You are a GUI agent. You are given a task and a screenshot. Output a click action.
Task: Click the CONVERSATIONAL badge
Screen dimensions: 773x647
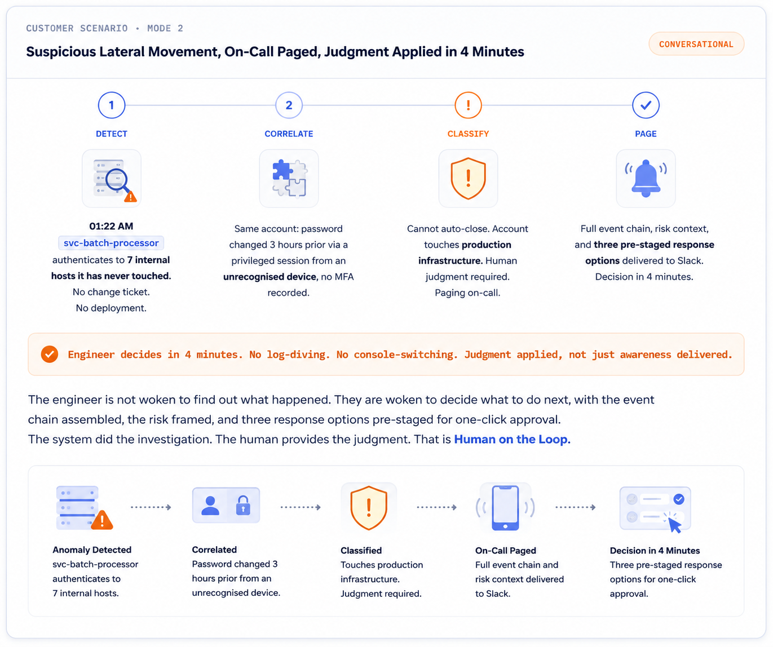click(x=696, y=44)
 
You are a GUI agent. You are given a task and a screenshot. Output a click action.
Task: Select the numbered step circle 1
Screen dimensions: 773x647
click(x=112, y=105)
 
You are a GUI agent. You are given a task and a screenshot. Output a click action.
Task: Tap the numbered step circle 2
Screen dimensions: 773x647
click(x=289, y=105)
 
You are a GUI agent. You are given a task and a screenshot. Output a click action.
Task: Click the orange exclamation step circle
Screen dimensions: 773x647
click(x=468, y=105)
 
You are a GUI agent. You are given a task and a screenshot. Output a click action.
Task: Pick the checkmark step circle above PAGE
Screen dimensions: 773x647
click(x=646, y=105)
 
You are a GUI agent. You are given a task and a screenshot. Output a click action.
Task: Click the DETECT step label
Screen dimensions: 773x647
click(x=112, y=134)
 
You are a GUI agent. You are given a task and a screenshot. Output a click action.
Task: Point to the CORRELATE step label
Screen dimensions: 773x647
click(x=289, y=134)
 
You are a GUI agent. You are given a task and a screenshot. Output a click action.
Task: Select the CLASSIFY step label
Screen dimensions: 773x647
click(x=468, y=134)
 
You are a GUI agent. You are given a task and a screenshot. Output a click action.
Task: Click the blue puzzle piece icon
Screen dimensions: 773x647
click(x=282, y=170)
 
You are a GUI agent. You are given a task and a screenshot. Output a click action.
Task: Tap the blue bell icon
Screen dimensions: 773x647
click(x=646, y=179)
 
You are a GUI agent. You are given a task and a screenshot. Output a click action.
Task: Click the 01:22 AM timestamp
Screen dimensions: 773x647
click(x=111, y=226)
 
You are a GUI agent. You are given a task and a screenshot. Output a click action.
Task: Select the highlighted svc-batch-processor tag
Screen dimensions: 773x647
click(x=111, y=243)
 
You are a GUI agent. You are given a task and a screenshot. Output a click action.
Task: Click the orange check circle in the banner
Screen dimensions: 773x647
click(x=50, y=354)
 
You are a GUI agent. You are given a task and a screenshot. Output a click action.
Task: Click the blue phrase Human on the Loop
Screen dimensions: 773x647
click(x=512, y=440)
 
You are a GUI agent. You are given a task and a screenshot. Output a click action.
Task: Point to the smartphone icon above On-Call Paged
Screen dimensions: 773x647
click(x=505, y=507)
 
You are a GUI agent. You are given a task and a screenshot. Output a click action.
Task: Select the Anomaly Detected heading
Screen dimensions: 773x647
click(x=92, y=549)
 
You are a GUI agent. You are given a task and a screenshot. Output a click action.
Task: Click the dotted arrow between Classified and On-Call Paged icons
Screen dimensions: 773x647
click(x=437, y=507)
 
